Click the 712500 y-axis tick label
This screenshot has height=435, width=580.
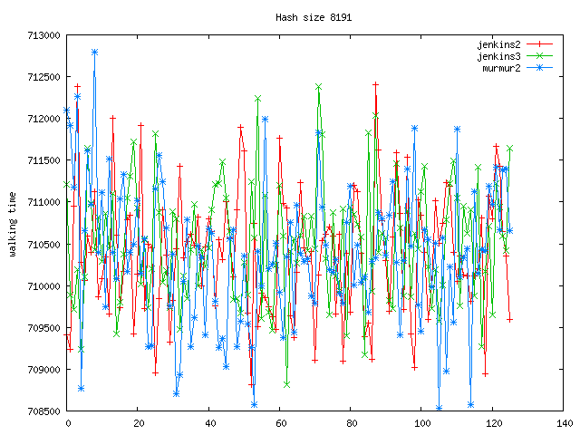pos(43,77)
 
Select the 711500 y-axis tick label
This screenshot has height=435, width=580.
pos(43,160)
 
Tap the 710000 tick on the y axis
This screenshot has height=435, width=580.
pos(43,286)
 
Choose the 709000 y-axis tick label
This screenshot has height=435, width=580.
pos(43,370)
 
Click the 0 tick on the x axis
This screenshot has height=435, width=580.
pos(67,423)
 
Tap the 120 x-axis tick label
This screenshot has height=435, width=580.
pos(493,423)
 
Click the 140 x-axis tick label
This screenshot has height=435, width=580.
pos(564,423)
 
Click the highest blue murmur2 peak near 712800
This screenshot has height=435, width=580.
pos(94,53)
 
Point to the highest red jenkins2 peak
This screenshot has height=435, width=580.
pos(375,84)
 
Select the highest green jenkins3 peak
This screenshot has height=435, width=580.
pos(318,86)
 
